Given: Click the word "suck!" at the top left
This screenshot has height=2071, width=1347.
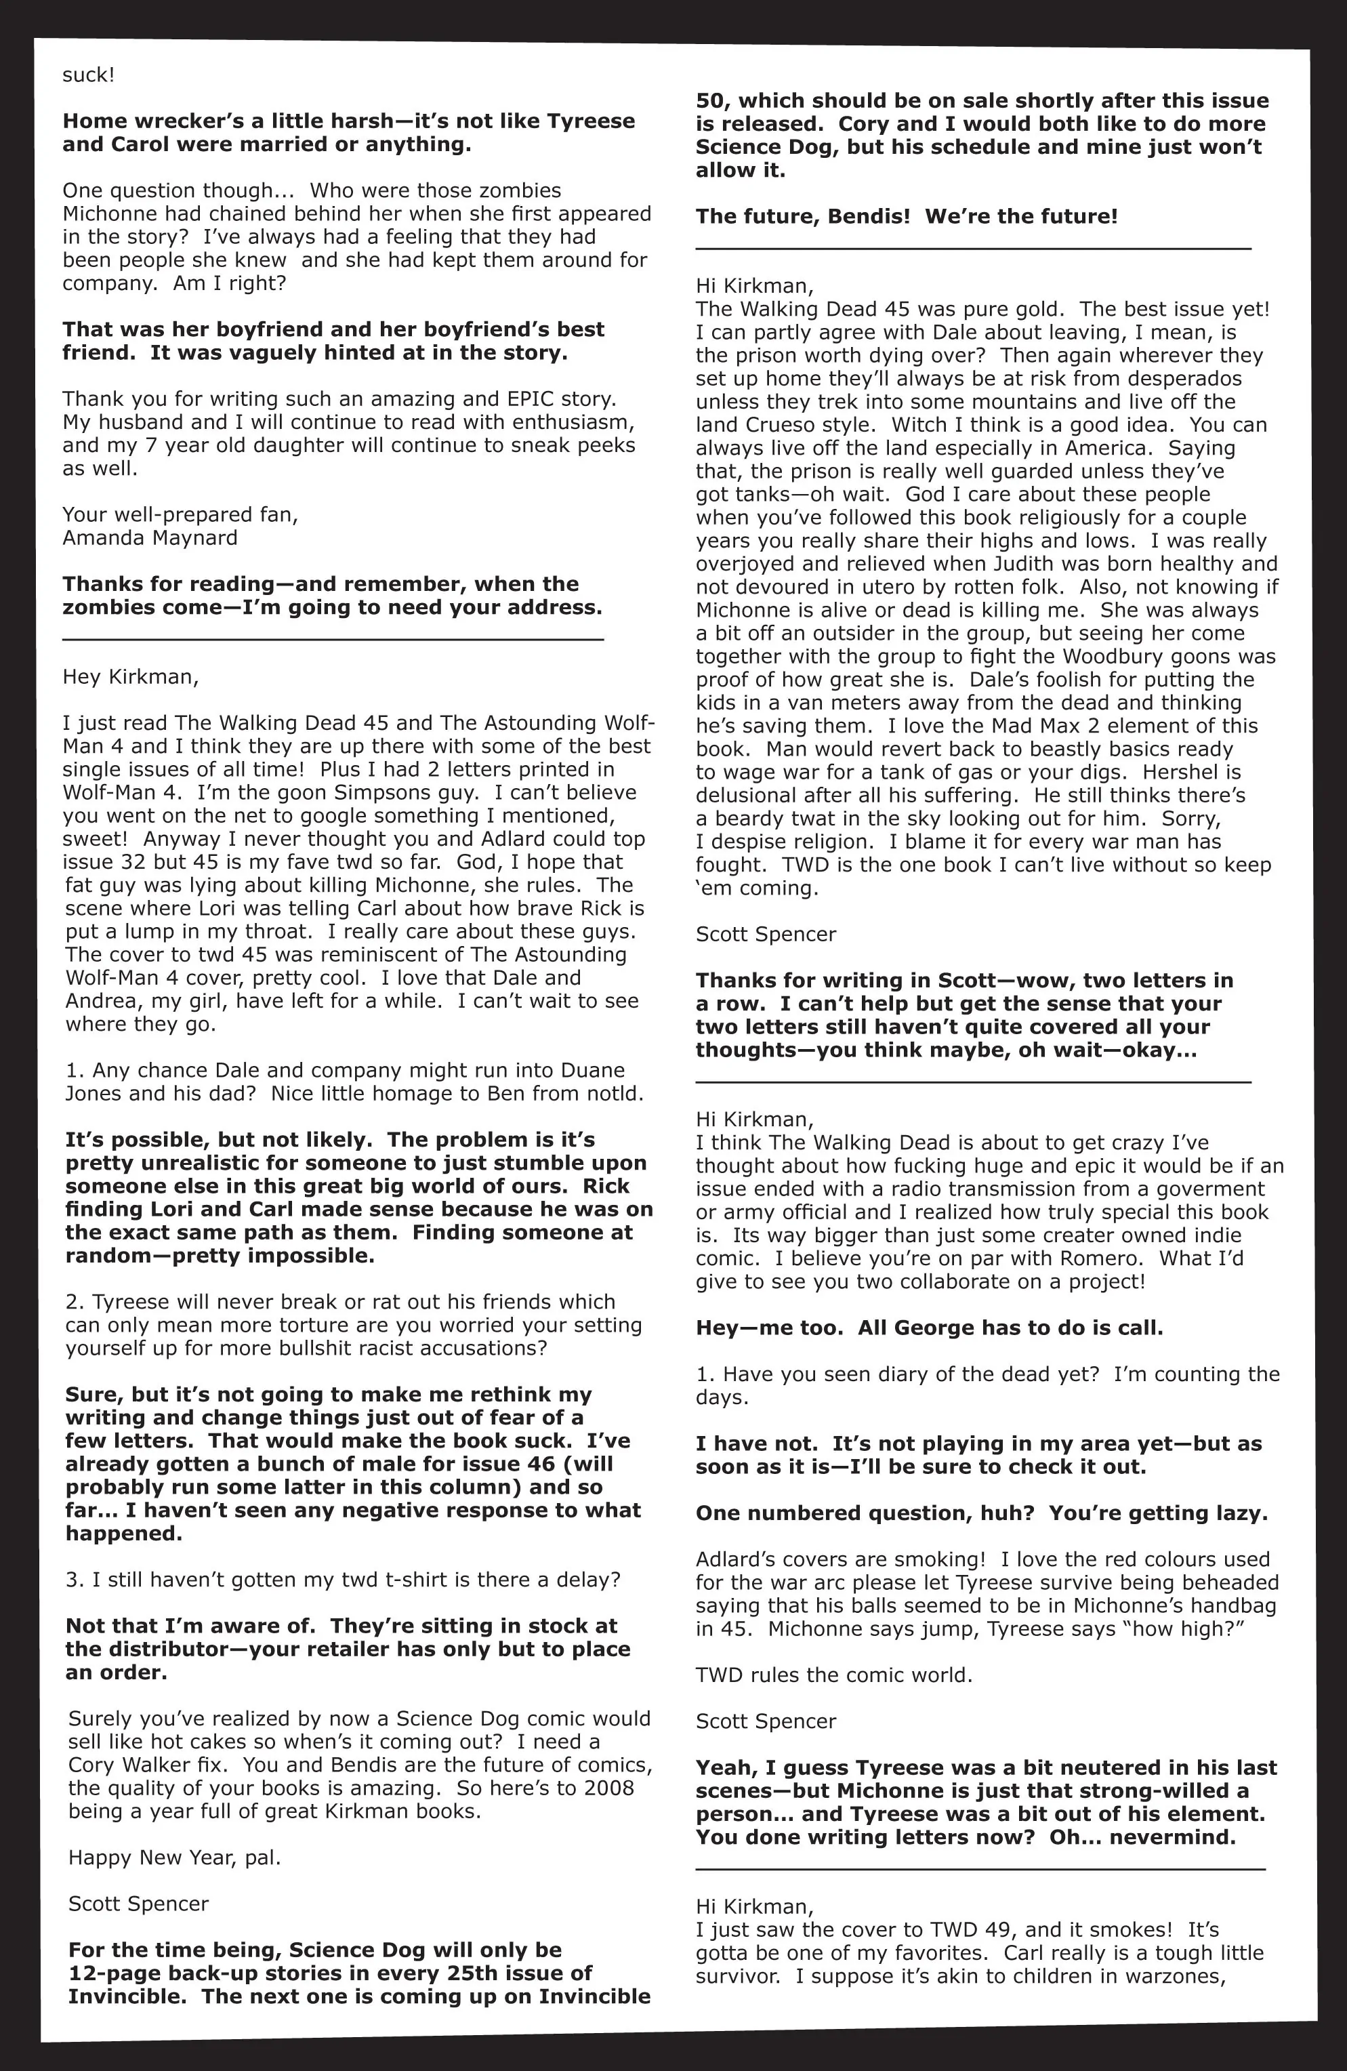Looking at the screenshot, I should click(88, 75).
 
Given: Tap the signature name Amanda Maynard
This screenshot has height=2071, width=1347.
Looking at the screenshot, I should click(150, 538).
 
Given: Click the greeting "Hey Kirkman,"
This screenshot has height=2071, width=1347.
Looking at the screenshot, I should click(131, 677).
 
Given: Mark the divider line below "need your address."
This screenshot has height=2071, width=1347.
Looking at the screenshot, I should click(333, 640).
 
